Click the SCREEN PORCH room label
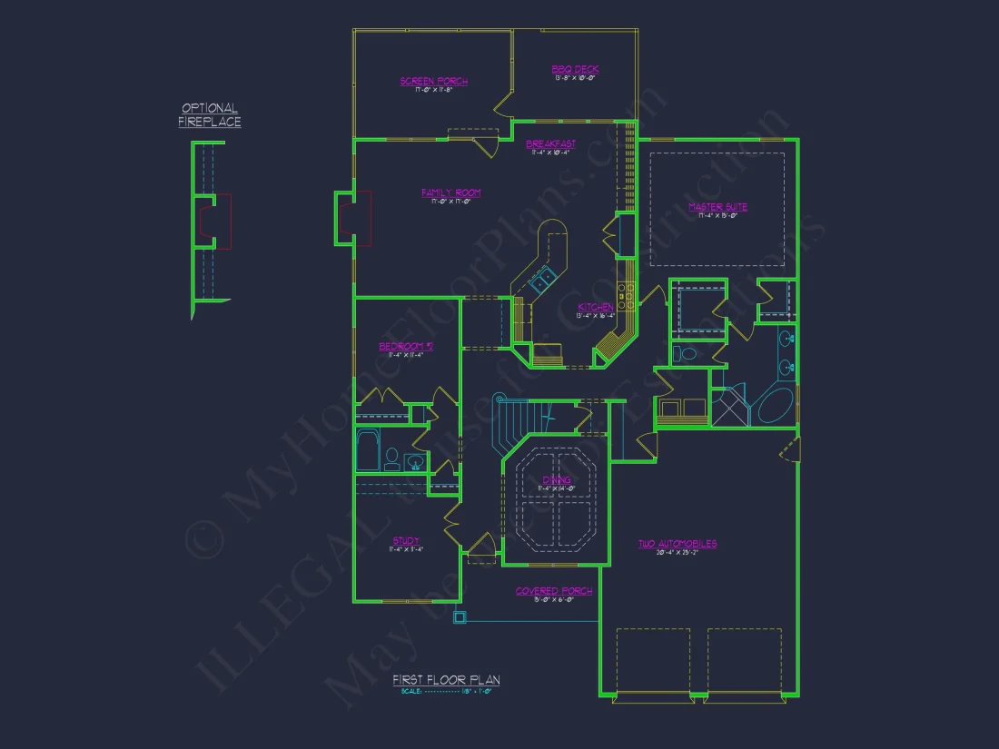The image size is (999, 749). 434,82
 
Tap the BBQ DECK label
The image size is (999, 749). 576,70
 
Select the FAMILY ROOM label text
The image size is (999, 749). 450,192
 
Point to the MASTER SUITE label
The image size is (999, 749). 717,207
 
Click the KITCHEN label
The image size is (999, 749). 596,308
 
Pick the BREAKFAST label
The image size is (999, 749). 550,144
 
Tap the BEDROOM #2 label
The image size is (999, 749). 406,347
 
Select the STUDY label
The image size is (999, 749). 406,541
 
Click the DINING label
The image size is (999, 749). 557,480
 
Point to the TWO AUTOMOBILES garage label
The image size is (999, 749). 677,544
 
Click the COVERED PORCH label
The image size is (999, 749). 554,591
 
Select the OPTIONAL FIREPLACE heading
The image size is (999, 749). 210,115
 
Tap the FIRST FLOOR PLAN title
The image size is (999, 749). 446,680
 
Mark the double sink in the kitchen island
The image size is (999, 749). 542,277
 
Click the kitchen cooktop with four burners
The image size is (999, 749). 626,292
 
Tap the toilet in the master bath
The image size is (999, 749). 686,353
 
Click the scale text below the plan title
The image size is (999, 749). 446,692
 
